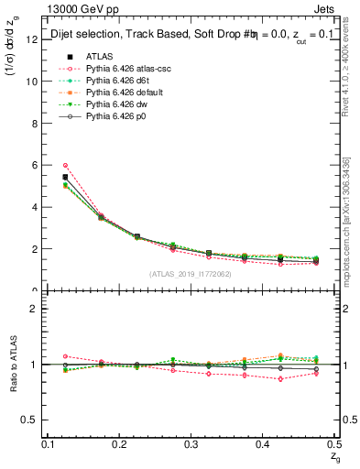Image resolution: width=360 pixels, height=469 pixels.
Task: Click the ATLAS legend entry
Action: (x=101, y=56)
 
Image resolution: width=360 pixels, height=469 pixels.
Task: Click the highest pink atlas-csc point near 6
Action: (x=65, y=165)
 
